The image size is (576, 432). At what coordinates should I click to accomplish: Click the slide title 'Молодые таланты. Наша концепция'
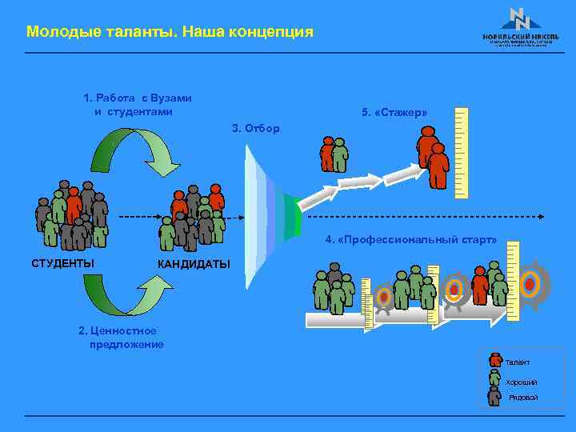tap(170, 32)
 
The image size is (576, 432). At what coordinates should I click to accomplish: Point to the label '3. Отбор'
tap(255, 128)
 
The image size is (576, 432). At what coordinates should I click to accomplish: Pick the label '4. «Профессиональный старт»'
tap(410, 239)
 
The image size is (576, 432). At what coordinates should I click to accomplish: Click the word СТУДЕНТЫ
tap(62, 263)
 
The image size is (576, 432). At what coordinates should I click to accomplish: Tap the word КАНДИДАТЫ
tap(194, 264)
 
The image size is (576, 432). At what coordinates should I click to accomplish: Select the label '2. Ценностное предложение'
tap(120, 338)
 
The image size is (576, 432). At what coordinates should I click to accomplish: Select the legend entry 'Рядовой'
tap(521, 397)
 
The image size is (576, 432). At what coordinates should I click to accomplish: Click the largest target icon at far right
tap(530, 284)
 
